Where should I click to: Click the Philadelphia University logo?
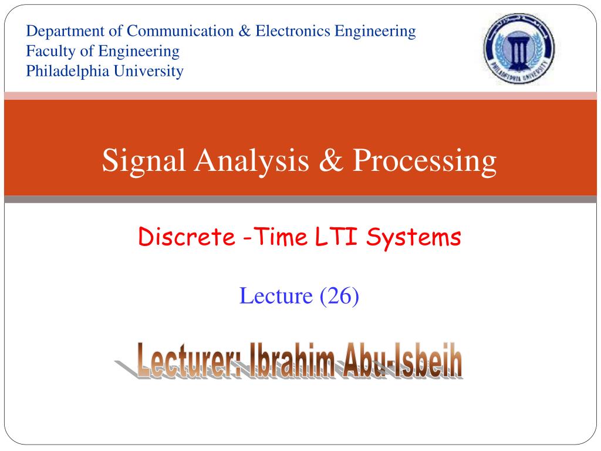click(519, 48)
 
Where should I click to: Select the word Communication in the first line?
click(180, 31)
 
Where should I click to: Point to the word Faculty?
click(50, 52)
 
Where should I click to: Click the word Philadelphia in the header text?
click(67, 72)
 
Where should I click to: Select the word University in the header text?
click(148, 72)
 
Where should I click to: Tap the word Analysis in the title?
click(252, 161)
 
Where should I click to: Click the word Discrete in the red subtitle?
click(187, 237)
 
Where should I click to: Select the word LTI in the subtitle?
click(336, 236)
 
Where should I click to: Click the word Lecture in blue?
click(276, 296)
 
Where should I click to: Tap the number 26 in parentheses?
click(339, 296)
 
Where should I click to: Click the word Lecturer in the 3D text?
click(188, 360)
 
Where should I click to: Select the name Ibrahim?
click(292, 360)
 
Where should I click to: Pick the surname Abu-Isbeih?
click(402, 360)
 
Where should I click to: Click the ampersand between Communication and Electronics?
click(245, 31)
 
